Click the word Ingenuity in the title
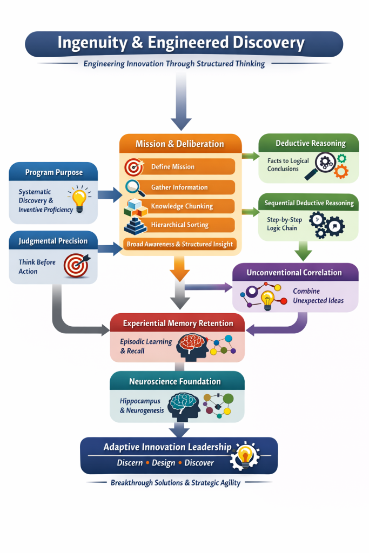[92, 43]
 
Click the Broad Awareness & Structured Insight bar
[180, 244]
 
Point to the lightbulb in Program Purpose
[80, 198]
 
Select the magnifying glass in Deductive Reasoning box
[320, 165]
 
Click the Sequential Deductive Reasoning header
[308, 203]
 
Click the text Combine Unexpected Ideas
[318, 295]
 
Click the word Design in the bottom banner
[163, 463]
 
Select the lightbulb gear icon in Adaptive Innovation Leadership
[245, 455]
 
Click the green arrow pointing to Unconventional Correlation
[304, 251]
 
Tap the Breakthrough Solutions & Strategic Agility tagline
[176, 482]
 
